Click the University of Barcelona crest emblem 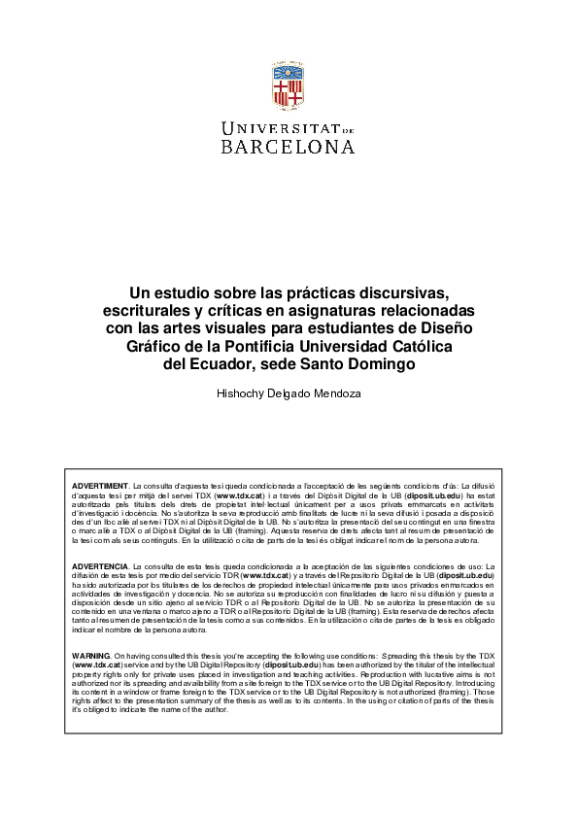point(289,88)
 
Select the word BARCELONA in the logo point(289,147)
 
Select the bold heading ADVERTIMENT point(101,484)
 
